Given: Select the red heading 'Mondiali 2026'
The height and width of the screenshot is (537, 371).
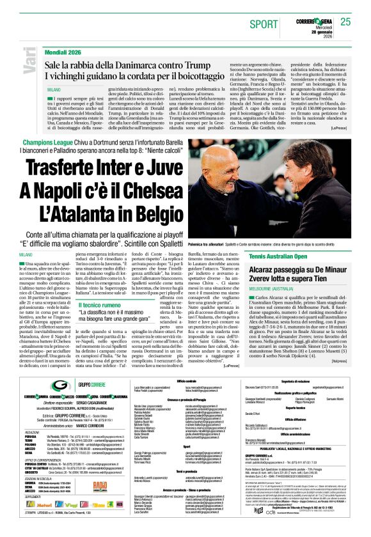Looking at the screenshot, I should [x=66, y=51].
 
